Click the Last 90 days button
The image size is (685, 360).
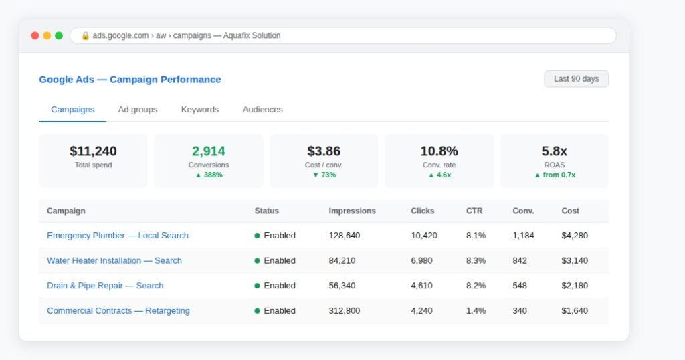[576, 79]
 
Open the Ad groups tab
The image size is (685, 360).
[138, 110]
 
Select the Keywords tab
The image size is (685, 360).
[199, 110]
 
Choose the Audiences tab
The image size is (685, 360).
[262, 110]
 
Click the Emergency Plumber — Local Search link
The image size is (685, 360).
[118, 235]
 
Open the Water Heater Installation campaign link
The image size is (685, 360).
[114, 260]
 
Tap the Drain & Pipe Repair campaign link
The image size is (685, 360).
[105, 285]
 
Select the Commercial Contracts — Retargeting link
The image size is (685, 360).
[118, 310]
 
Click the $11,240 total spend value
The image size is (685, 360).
[93, 151]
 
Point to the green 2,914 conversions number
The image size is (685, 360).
[209, 151]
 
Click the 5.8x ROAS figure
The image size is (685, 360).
[555, 151]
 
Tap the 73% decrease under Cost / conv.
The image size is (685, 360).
[324, 175]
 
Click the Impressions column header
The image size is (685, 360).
[352, 211]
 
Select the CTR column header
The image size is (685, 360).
[474, 211]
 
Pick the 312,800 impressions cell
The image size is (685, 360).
[345, 310]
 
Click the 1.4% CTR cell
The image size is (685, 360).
[476, 310]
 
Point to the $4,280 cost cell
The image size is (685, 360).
[575, 235]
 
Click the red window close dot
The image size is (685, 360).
[35, 36]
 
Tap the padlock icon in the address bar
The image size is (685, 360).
[85, 36]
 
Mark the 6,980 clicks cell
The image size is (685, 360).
[421, 260]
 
